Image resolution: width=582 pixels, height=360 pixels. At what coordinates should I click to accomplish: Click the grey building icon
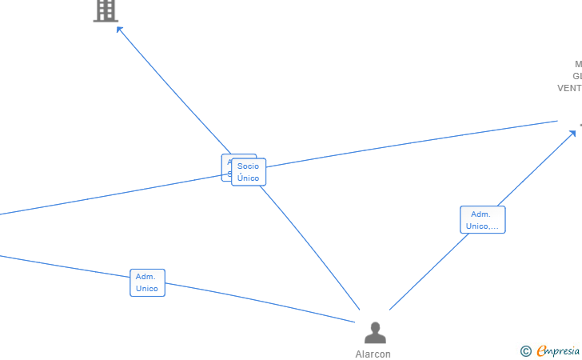pyautogui.click(x=106, y=10)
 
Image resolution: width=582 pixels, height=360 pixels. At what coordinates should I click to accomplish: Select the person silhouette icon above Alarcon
pyautogui.click(x=374, y=332)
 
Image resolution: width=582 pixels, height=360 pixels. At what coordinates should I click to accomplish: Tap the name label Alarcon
pyautogui.click(x=373, y=354)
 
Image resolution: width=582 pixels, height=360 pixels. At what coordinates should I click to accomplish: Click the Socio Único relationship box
pyautogui.click(x=249, y=172)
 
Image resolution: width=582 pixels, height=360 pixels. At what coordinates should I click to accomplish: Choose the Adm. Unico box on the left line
pyautogui.click(x=147, y=282)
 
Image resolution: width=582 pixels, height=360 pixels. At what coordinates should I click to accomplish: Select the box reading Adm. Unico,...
pyautogui.click(x=482, y=220)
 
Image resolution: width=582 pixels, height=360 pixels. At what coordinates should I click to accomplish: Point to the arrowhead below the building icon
pyautogui.click(x=119, y=30)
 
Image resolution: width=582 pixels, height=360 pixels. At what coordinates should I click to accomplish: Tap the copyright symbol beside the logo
pyautogui.click(x=525, y=350)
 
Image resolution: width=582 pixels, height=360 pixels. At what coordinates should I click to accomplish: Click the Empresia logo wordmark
pyautogui.click(x=559, y=350)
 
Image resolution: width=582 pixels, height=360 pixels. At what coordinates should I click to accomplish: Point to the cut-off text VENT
pyautogui.click(x=569, y=88)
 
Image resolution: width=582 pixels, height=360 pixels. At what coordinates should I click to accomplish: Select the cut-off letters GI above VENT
pyautogui.click(x=576, y=76)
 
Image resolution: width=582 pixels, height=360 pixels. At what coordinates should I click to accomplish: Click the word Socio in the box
pyautogui.click(x=249, y=166)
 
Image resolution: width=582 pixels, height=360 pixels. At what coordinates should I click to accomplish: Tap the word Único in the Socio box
pyautogui.click(x=249, y=178)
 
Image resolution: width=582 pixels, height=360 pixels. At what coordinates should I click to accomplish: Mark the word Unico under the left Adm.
pyautogui.click(x=147, y=288)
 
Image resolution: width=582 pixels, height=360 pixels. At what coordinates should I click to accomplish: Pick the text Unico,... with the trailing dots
pyautogui.click(x=482, y=226)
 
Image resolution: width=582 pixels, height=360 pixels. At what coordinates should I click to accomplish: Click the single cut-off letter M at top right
pyautogui.click(x=578, y=64)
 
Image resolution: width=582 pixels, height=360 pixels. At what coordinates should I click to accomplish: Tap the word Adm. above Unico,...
pyautogui.click(x=480, y=214)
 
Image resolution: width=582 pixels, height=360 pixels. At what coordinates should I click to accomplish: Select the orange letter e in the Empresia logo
pyautogui.click(x=542, y=350)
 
